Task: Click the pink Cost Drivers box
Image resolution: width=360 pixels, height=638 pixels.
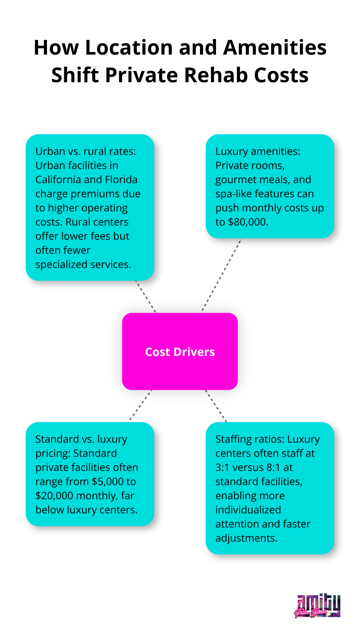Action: (x=180, y=351)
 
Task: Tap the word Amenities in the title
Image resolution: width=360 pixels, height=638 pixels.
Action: (x=275, y=48)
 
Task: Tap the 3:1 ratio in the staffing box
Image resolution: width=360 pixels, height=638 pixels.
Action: (x=222, y=467)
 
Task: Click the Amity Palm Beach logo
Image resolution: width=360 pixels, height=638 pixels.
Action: (x=317, y=606)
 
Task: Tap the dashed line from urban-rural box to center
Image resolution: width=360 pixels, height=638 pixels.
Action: (x=146, y=297)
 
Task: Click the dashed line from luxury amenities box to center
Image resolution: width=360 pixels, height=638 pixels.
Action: (x=222, y=275)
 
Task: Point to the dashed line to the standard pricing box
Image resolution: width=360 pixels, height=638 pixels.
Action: (x=140, y=406)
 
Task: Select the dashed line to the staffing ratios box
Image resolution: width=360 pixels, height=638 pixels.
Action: (x=216, y=406)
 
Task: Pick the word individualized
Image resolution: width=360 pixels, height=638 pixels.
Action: (x=248, y=510)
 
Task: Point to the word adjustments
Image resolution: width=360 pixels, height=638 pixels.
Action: (x=246, y=538)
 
